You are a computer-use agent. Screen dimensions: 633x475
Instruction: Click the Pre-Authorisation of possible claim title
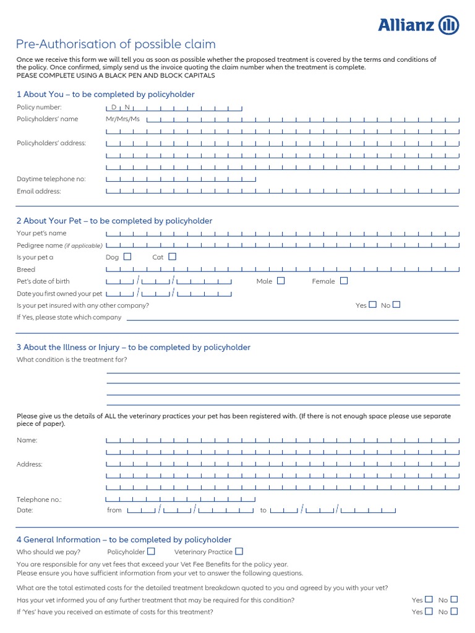116,45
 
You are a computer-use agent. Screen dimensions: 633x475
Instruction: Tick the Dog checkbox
127,257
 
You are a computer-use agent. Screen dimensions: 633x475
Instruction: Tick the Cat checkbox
173,257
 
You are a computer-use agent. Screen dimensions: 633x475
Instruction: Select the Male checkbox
281,281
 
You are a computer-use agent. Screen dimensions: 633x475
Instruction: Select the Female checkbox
344,281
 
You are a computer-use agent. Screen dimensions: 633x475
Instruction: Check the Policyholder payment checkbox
152,551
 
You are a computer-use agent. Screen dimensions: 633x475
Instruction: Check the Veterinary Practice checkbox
239,551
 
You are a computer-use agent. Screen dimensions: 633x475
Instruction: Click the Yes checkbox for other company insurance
372,305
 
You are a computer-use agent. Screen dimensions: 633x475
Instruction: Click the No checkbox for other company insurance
396,305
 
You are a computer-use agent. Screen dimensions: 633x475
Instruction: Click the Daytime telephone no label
51,179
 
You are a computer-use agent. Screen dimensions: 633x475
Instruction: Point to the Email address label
39,192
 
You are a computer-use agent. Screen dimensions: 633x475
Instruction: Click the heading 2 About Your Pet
114,221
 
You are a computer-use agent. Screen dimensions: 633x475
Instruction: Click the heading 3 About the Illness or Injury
134,347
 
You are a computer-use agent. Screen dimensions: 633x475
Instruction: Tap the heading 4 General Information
124,540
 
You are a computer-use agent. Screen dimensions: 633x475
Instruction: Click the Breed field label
26,270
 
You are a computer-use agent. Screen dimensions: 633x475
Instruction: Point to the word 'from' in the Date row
114,511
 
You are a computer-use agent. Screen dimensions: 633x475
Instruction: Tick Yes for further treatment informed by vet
429,600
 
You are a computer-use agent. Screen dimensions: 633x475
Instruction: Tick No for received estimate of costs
455,611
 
